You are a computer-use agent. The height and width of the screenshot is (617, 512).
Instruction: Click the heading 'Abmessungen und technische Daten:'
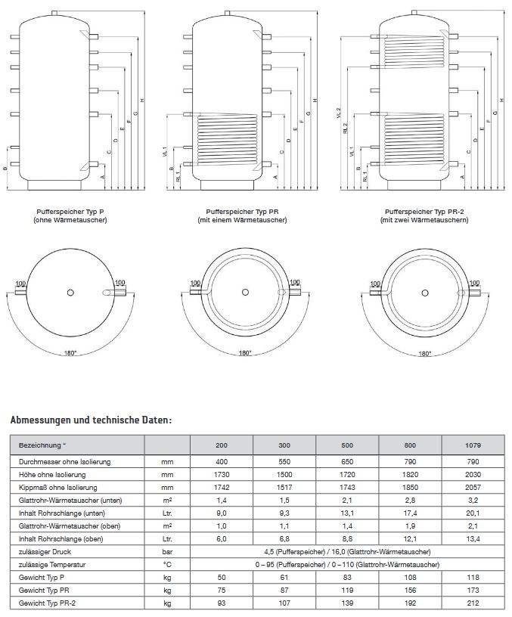click(92, 419)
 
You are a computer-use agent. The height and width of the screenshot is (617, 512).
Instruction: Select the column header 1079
click(473, 445)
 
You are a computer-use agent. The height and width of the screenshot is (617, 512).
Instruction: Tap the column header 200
click(222, 445)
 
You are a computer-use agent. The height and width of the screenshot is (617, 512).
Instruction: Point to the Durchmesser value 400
click(222, 460)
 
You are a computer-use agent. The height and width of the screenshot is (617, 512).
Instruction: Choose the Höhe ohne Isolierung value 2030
click(473, 473)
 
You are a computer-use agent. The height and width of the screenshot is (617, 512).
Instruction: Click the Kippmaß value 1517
click(284, 487)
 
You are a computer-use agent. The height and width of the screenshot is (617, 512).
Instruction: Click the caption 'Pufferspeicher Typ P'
click(70, 212)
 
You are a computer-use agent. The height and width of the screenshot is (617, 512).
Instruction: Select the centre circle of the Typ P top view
click(70, 292)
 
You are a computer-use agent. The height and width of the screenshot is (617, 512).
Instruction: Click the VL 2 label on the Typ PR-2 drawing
click(339, 113)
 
